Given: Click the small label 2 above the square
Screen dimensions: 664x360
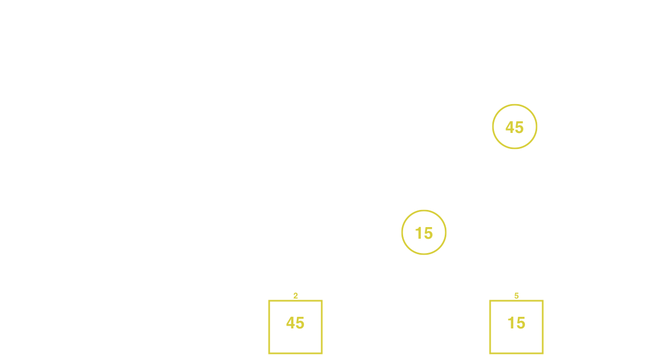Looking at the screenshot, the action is [296, 296].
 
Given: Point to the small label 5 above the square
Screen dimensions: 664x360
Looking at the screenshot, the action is [516, 296].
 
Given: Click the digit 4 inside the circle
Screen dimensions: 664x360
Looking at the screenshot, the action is [510, 127].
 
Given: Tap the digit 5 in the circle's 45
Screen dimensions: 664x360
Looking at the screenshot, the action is [519, 127].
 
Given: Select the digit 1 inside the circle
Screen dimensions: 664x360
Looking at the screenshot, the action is [419, 233].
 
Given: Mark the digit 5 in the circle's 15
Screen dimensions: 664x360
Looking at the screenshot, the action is [429, 233].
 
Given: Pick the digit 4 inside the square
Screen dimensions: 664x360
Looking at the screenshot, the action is [291, 323].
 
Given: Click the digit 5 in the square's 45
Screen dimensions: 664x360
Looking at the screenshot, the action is [300, 323].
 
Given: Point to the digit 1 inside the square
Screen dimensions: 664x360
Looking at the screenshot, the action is [511, 323].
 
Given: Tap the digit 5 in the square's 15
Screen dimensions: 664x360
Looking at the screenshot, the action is [521, 323].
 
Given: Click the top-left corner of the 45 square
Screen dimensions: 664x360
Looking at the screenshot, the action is [269, 301].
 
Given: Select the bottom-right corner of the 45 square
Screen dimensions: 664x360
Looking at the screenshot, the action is [322, 353].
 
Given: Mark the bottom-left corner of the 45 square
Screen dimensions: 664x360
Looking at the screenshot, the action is [269, 353].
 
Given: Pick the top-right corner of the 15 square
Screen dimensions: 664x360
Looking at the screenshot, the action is [543, 301].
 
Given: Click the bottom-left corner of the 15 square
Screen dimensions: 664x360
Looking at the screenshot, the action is [490, 353].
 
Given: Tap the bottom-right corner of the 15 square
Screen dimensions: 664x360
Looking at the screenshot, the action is [543, 353].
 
